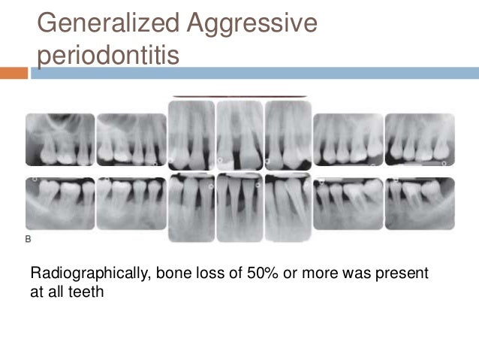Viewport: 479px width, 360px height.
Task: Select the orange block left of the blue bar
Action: [x=14, y=73]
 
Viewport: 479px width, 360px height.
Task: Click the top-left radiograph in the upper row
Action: [x=60, y=140]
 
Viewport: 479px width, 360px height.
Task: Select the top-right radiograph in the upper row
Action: [x=420, y=139]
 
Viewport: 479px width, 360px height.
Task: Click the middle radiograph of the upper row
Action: [x=239, y=135]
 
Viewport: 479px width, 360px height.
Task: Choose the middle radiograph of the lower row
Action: [x=239, y=207]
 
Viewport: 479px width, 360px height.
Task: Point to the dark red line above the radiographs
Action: [x=239, y=96]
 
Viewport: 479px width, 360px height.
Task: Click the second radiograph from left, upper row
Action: [x=131, y=140]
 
